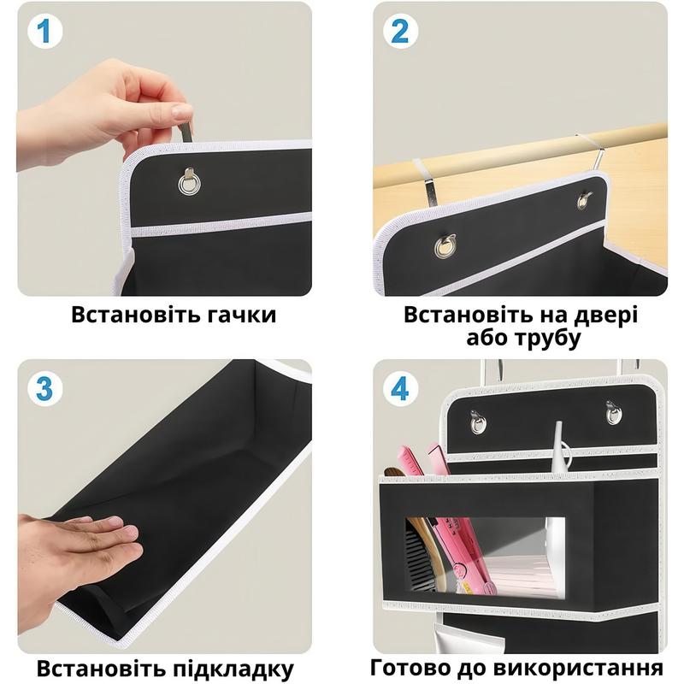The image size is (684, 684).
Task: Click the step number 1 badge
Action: (44, 31)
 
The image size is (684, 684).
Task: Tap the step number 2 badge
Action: (400, 31)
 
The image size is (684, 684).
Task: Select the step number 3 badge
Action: (44, 388)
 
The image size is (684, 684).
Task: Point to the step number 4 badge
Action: (400, 388)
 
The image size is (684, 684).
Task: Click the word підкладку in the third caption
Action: (233, 669)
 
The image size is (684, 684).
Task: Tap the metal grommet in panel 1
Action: (189, 181)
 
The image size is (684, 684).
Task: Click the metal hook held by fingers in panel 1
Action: (186, 131)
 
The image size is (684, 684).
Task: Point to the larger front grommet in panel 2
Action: (445, 246)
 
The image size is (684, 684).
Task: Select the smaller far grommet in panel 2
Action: (584, 200)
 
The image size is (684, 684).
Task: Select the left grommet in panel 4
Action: (478, 422)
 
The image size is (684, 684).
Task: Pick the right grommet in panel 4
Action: (614, 413)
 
